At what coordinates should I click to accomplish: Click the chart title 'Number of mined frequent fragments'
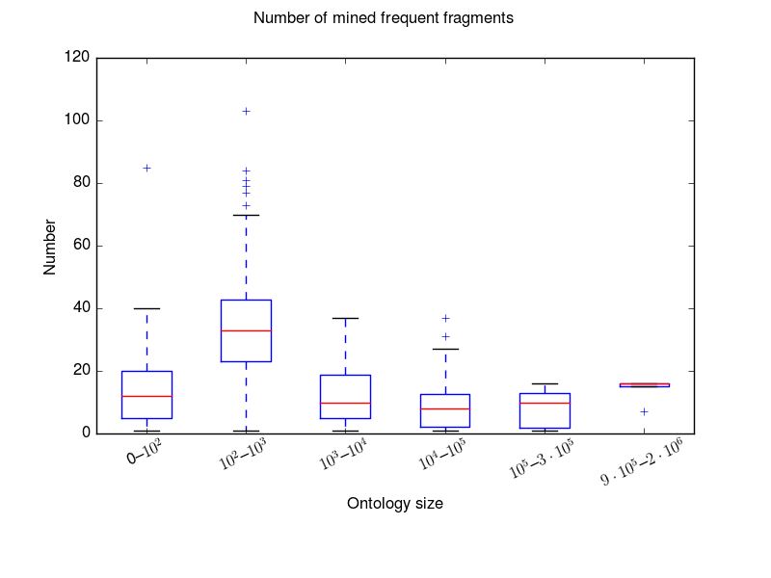tap(383, 17)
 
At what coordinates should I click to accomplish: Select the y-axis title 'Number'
tap(49, 247)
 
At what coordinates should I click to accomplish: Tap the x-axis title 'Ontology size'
tap(395, 503)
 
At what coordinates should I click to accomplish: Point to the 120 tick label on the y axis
tap(80, 58)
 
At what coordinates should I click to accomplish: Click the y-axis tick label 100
tap(80, 120)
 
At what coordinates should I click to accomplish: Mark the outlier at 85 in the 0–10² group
tap(146, 168)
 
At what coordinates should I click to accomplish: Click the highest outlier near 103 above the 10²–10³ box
tap(246, 111)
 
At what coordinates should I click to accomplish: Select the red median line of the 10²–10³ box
tap(246, 330)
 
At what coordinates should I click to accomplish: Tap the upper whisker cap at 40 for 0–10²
tap(146, 308)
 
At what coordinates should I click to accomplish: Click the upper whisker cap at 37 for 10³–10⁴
tap(345, 318)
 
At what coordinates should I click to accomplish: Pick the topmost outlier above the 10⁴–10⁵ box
tap(445, 318)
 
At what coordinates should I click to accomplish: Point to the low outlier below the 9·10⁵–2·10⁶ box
tap(644, 411)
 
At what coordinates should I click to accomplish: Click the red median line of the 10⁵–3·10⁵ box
tap(545, 403)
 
